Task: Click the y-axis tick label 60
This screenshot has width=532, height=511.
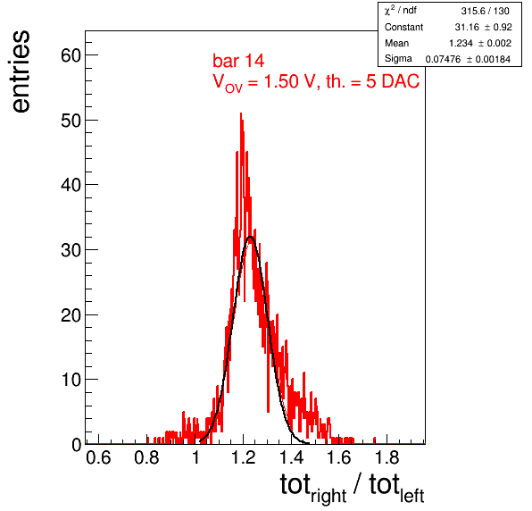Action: [x=71, y=55]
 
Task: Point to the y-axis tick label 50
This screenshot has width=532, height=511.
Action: [x=71, y=121]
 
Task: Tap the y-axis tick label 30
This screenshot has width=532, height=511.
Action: [x=71, y=250]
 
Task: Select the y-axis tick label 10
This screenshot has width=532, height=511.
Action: [x=71, y=380]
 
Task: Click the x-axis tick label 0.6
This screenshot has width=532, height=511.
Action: [x=98, y=457]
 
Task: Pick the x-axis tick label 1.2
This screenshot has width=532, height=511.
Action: [x=244, y=457]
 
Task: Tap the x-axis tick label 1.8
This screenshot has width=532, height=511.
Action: [x=387, y=457]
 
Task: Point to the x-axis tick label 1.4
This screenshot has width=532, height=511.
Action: [x=292, y=457]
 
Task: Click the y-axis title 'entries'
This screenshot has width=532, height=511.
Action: [x=21, y=71]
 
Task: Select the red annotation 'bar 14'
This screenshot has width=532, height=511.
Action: [x=238, y=61]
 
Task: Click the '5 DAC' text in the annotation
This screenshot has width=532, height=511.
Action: [x=393, y=81]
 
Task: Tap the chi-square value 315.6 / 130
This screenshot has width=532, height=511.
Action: [x=485, y=12]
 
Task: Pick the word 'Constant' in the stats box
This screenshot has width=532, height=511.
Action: [x=403, y=27]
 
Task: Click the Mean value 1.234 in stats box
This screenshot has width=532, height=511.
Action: [x=461, y=43]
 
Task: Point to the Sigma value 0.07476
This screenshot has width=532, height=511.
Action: [x=443, y=59]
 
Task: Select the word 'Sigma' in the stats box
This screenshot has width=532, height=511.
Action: [x=398, y=59]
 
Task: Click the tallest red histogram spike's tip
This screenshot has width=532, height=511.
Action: [x=241, y=113]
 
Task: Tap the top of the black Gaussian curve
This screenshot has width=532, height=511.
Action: [x=251, y=237]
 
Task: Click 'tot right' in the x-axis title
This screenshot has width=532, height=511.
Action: [x=313, y=488]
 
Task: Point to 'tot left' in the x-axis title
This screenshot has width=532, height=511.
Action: [x=396, y=488]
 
